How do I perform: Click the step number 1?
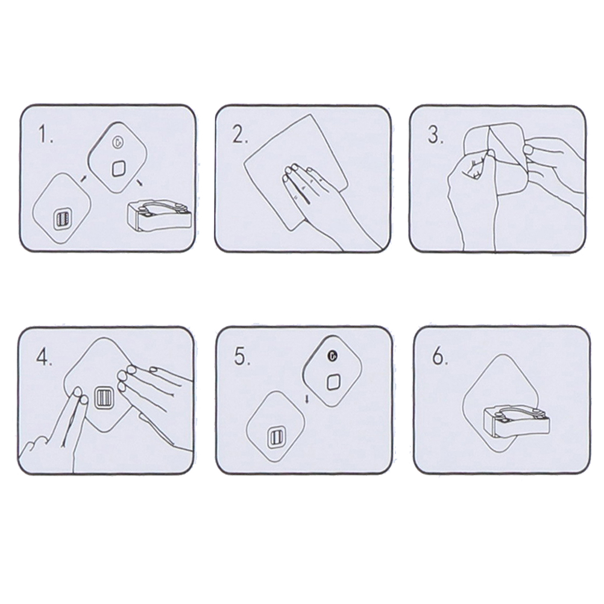point(45,135)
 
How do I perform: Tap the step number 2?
point(241,135)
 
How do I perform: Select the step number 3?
point(436,135)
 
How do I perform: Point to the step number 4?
point(44,357)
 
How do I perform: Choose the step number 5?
point(242,356)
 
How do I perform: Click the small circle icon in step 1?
point(117,142)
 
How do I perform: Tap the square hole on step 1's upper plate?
point(118,168)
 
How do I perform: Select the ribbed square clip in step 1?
point(61,219)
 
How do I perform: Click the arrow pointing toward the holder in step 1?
point(140,182)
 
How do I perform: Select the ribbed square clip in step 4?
point(103,398)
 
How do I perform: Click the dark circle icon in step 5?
point(332,356)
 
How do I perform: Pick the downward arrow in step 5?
point(307,398)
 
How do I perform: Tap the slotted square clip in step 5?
point(276,438)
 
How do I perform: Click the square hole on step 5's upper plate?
point(333,383)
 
